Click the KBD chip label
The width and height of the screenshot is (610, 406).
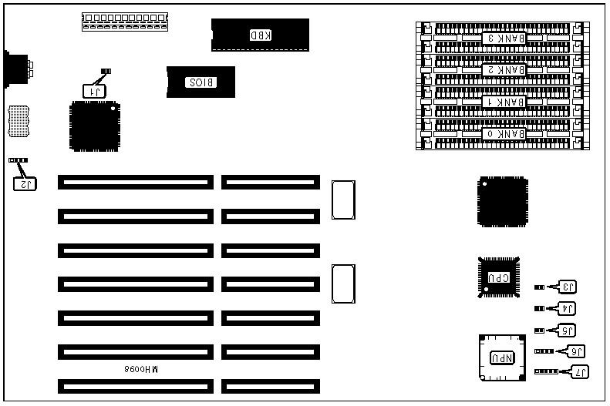point(261,35)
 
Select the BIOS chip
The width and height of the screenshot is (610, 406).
point(201,82)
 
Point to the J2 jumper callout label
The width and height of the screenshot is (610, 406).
point(25,183)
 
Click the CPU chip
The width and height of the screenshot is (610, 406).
point(497,277)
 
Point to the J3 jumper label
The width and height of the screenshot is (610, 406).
point(568,287)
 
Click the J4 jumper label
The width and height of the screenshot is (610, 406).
point(568,309)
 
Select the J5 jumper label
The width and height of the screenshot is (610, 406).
point(568,331)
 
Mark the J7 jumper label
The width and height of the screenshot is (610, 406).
point(578,371)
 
